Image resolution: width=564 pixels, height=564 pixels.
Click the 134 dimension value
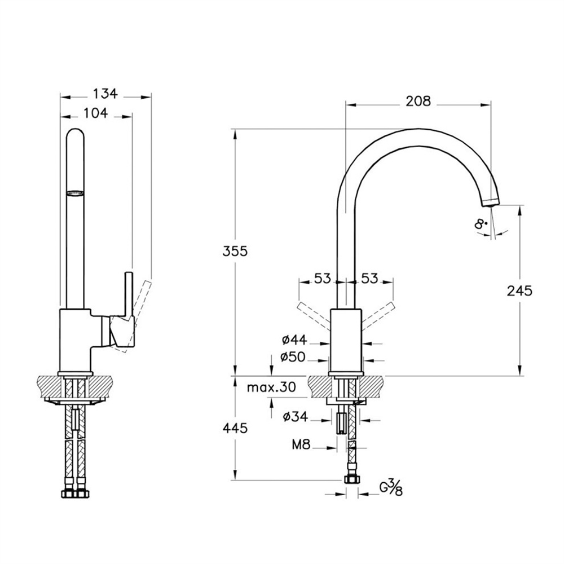coord(105,94)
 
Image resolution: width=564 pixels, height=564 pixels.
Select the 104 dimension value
coord(96,113)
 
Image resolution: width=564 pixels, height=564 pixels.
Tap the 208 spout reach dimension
coord(418,101)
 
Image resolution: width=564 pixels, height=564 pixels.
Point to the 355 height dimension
coord(235,251)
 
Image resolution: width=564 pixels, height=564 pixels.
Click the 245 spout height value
coord(519,290)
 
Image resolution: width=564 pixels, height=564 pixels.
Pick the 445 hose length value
coord(235,428)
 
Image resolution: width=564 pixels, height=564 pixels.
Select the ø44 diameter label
coord(294,339)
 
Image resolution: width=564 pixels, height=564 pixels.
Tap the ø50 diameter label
coord(293,357)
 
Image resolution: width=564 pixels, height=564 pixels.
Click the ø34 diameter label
coord(296,417)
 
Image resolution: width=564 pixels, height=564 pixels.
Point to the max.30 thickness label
coord(272,387)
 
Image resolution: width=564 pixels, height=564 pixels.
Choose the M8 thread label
coord(301,445)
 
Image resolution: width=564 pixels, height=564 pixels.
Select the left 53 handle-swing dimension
coord(322,278)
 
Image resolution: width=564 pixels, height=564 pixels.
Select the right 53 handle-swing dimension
coord(370,278)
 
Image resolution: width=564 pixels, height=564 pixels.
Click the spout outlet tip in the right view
coord(491,202)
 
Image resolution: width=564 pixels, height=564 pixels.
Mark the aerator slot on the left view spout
coord(75,193)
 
